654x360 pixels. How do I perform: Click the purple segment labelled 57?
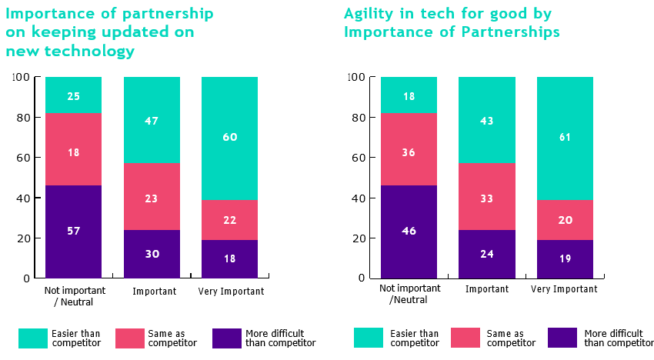[73, 232]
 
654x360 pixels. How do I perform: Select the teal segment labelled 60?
[229, 138]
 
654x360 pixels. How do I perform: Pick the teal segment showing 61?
[565, 138]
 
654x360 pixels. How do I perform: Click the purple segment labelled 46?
[409, 232]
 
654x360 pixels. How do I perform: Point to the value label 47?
[152, 121]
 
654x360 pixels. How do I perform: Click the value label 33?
[487, 198]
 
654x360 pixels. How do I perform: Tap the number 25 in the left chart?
[73, 96]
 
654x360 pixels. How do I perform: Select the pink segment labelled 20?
[565, 220]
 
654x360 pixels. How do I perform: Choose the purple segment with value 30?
[152, 254]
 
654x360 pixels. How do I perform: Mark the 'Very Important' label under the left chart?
[231, 292]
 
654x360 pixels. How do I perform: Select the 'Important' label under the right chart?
[487, 288]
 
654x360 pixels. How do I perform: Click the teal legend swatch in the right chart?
[369, 338]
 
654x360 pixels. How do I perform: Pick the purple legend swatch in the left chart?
[227, 338]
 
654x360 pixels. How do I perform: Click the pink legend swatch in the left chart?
[130, 338]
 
